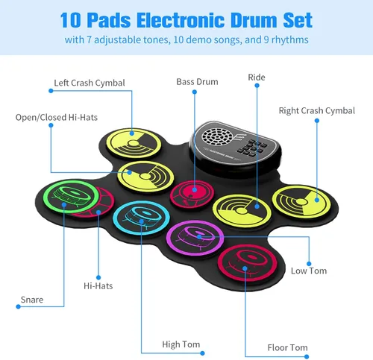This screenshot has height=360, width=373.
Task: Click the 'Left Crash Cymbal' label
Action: point(90,83)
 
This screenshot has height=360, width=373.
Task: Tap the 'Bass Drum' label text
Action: point(197,82)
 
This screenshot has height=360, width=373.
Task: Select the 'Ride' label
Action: point(257,78)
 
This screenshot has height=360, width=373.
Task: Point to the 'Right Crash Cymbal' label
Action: point(317,111)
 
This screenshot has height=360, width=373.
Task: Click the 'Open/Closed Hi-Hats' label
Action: point(57,118)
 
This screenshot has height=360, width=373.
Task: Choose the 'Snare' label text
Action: point(32,300)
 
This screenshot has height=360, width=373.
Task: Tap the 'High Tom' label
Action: point(181,344)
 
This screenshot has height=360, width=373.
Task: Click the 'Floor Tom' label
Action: point(288,347)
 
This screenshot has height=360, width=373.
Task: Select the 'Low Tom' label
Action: point(309,271)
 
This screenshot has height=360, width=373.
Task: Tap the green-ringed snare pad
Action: point(72,196)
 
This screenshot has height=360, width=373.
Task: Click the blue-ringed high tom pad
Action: point(141,218)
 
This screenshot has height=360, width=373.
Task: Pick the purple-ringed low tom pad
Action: point(195,238)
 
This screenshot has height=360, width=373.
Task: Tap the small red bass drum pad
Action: point(192,194)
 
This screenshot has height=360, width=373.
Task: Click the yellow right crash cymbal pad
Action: point(301,201)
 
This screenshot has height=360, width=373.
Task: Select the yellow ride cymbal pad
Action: point(242,211)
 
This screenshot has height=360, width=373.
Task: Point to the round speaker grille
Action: point(217,137)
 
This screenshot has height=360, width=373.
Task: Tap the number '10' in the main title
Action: point(70,20)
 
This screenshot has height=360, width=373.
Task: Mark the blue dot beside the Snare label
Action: point(18,306)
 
